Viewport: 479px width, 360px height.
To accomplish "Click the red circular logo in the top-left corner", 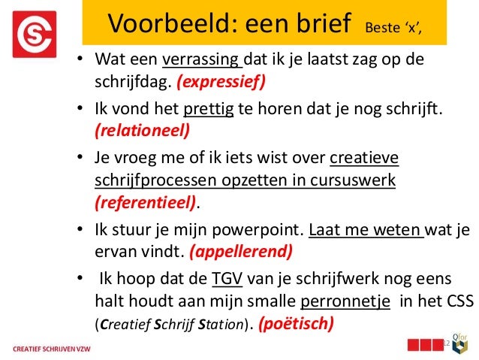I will [35, 34].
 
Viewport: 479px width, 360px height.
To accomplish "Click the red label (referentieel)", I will [145, 202].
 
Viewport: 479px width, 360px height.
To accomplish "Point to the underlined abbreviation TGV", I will [226, 280].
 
